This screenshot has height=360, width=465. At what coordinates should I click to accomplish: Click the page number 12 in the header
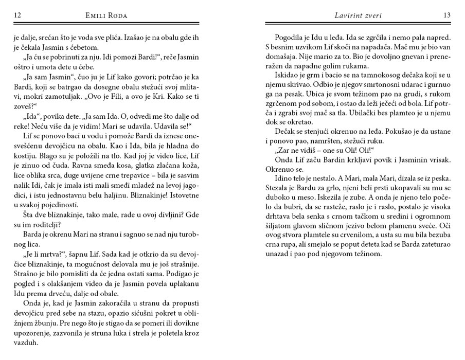tap(17, 15)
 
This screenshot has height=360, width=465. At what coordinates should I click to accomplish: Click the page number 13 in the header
tap(447, 15)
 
